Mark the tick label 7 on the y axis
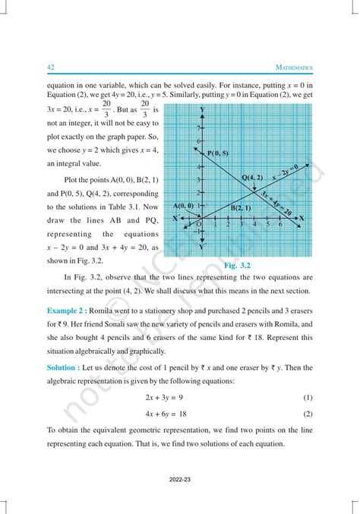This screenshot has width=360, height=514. (x=198, y=128)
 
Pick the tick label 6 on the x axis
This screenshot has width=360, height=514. (x=280, y=225)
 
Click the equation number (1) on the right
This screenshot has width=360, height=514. (x=308, y=397)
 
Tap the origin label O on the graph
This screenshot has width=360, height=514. (x=199, y=224)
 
